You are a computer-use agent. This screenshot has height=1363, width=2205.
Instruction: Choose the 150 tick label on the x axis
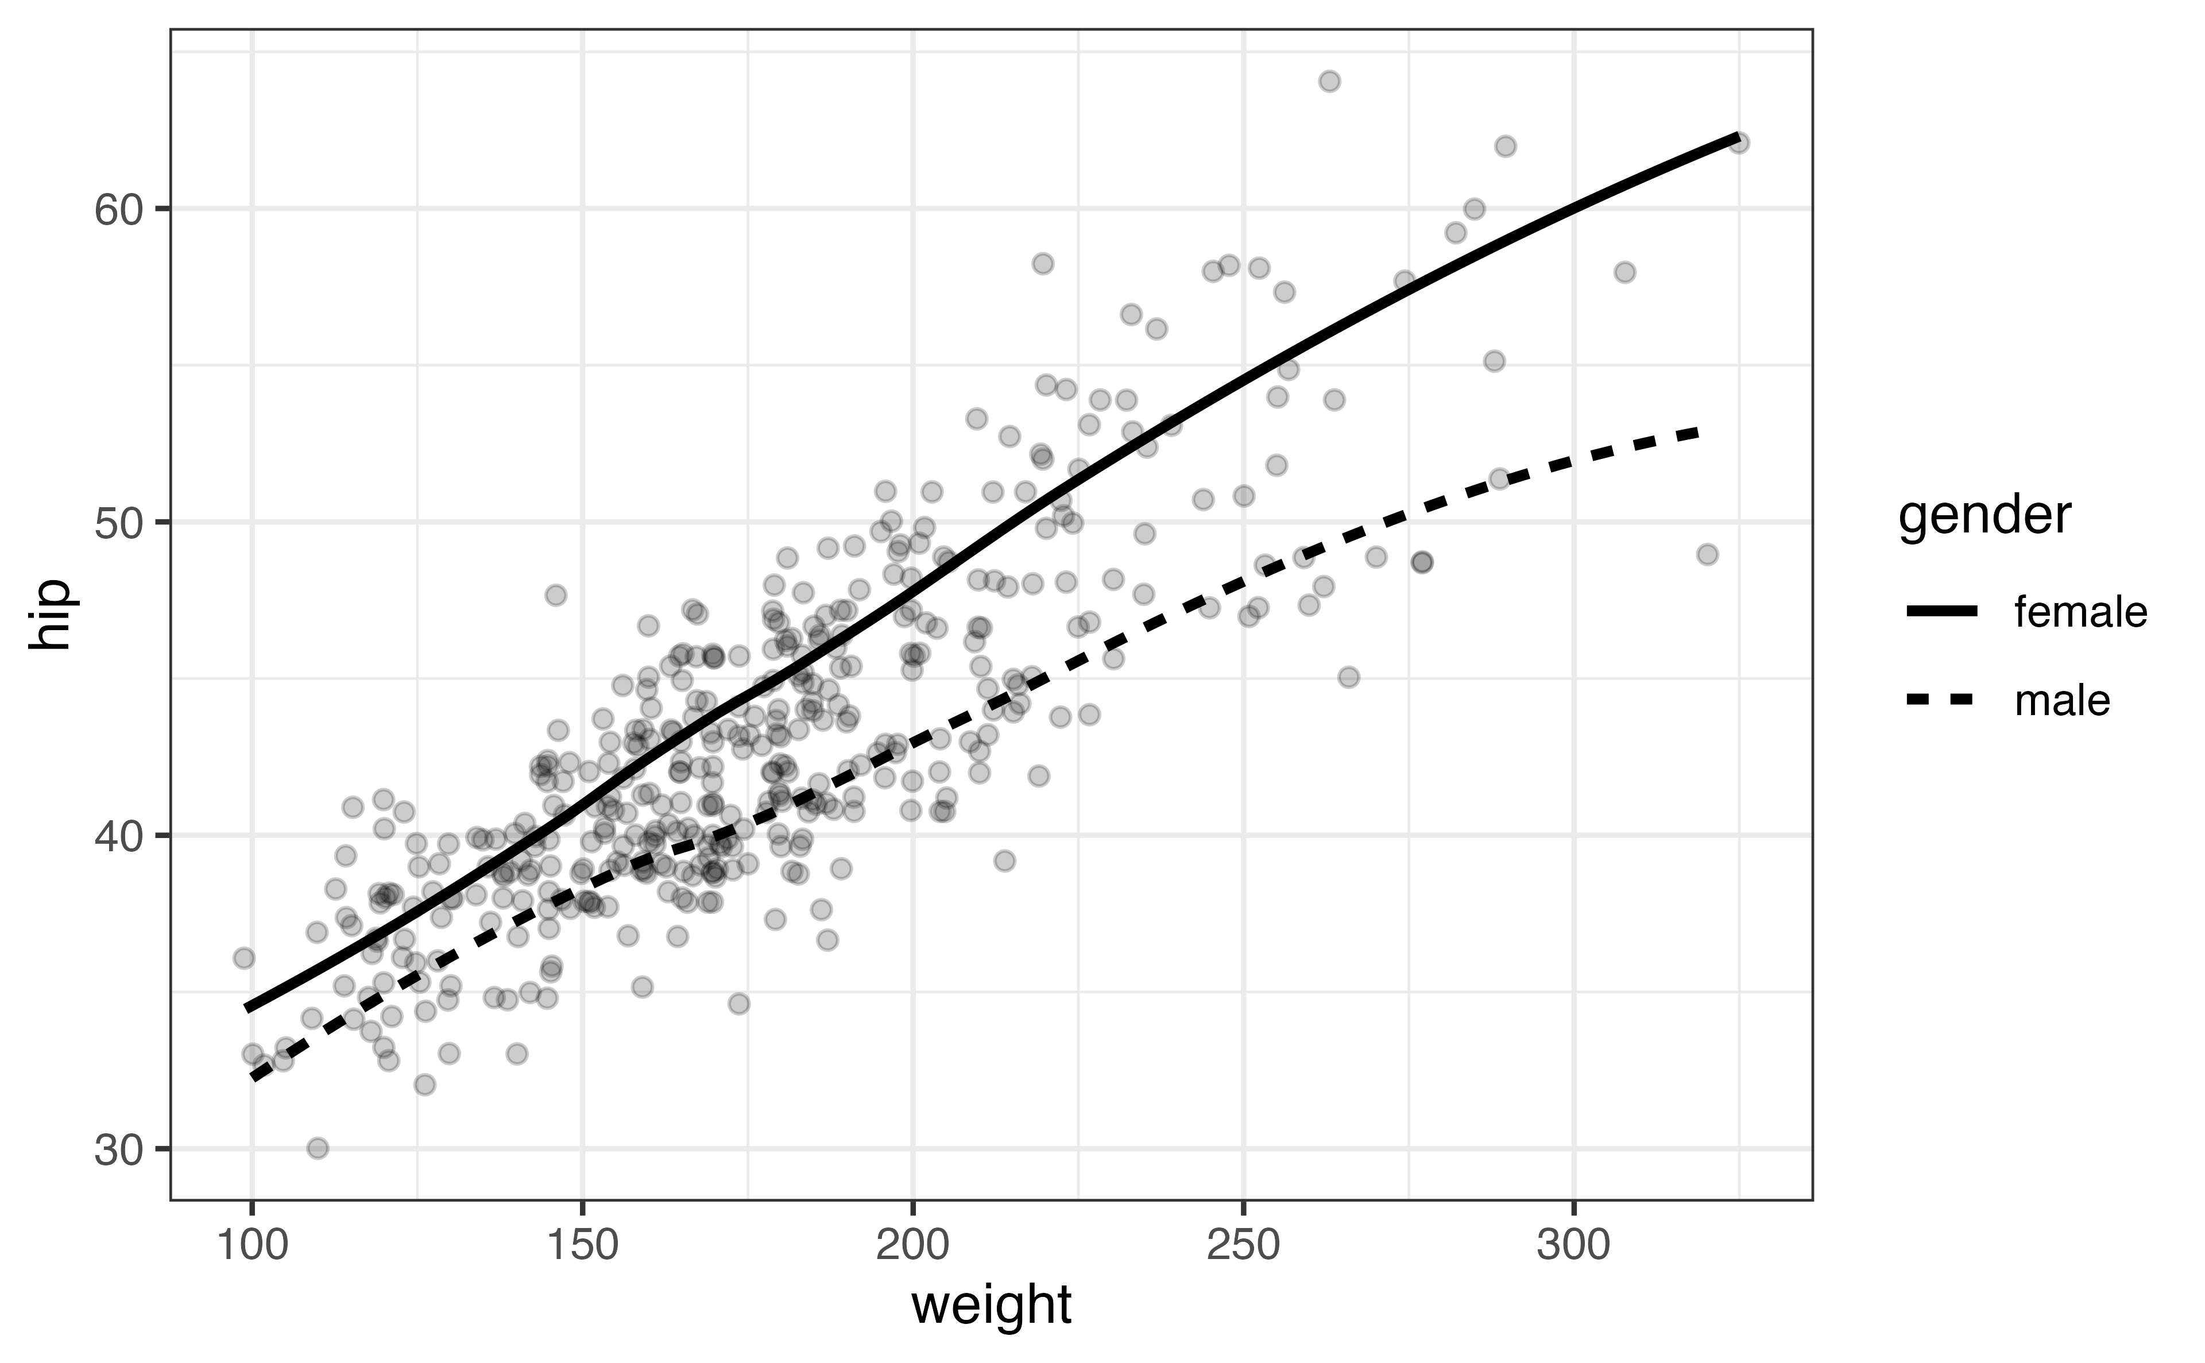tap(582, 1247)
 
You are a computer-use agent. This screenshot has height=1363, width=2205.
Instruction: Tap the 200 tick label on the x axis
tap(913, 1247)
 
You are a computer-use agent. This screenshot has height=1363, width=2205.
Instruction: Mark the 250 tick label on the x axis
tap(1244, 1247)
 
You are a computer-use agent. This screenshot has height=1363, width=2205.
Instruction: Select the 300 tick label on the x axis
tap(1573, 1247)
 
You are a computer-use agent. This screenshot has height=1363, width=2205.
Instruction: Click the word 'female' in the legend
tap(2080, 613)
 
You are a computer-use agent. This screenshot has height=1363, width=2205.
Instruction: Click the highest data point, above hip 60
tap(1329, 81)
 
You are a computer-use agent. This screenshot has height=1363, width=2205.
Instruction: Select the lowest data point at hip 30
tap(317, 1148)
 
